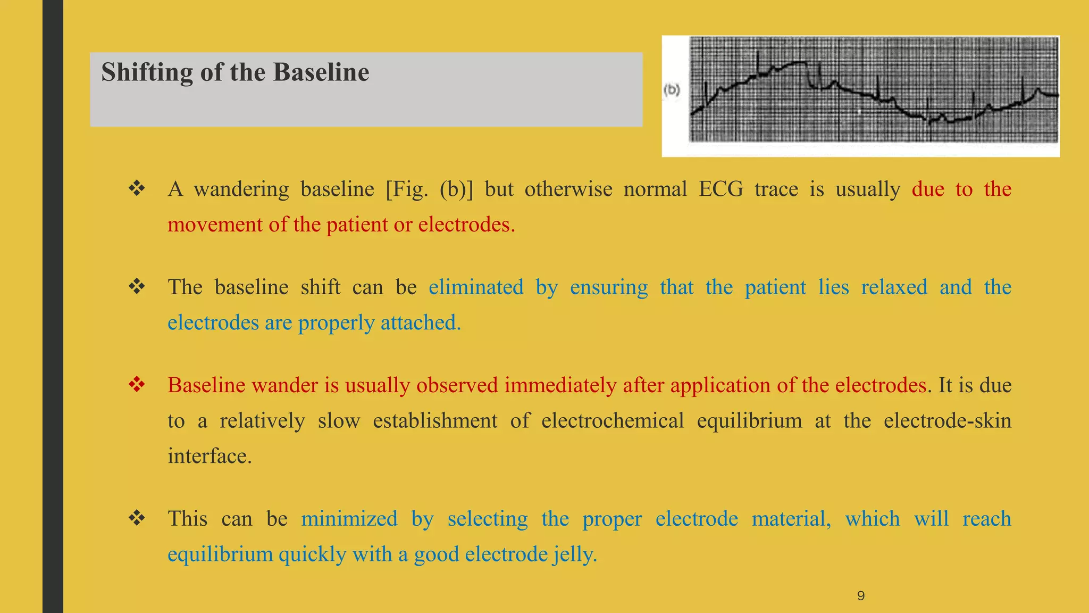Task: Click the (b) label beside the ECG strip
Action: pyautogui.click(x=672, y=90)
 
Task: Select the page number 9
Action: pyautogui.click(x=861, y=595)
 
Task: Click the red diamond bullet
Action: pyautogui.click(x=137, y=385)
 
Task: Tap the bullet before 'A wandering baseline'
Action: pyautogui.click(x=137, y=189)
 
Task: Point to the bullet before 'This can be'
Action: pyautogui.click(x=137, y=518)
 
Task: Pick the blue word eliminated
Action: pyautogui.click(x=476, y=287)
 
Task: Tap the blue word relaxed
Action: pyautogui.click(x=894, y=287)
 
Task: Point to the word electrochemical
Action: pyautogui.click(x=612, y=421)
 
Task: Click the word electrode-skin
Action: pyautogui.click(x=947, y=421)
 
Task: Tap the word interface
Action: pyautogui.click(x=209, y=456)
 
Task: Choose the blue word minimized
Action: pyautogui.click(x=349, y=519)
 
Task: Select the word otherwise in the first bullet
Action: pyautogui.click(x=568, y=189)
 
